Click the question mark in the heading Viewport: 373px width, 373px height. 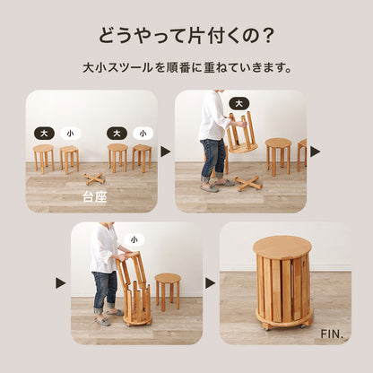[265, 35]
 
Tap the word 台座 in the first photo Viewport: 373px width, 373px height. [94, 197]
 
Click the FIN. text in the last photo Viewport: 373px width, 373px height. [331, 334]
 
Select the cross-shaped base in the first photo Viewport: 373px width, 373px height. [93, 178]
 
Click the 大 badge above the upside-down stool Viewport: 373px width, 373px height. [239, 104]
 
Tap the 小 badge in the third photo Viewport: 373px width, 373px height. [134, 239]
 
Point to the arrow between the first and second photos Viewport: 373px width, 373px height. [165, 152]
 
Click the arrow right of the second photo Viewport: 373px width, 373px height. [315, 152]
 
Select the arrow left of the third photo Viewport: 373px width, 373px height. [60, 283]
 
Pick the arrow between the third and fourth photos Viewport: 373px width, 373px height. [210, 283]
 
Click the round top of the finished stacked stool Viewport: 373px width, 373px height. [282, 247]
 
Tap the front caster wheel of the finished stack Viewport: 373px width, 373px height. [267, 326]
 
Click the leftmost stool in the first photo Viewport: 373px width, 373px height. [44, 159]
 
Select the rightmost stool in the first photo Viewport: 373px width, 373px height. [142, 158]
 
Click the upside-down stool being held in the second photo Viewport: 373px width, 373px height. [241, 133]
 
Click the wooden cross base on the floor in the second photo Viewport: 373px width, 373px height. [248, 183]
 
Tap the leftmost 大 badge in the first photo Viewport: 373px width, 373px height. [44, 134]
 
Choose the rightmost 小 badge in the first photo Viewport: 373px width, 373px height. [143, 134]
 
